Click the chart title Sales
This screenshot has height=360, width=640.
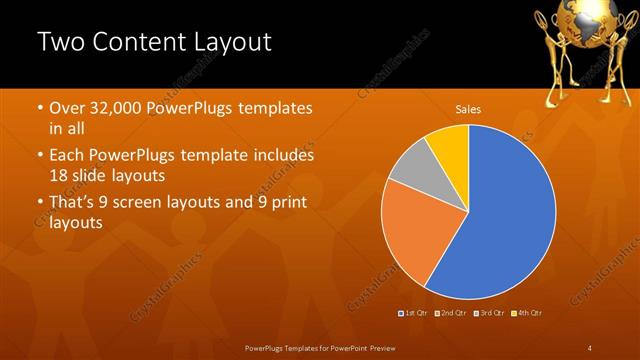467,108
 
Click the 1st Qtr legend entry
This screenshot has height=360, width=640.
415,313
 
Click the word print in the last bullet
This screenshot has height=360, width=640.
286,203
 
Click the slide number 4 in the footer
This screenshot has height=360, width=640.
590,347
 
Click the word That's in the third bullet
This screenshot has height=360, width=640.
72,203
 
